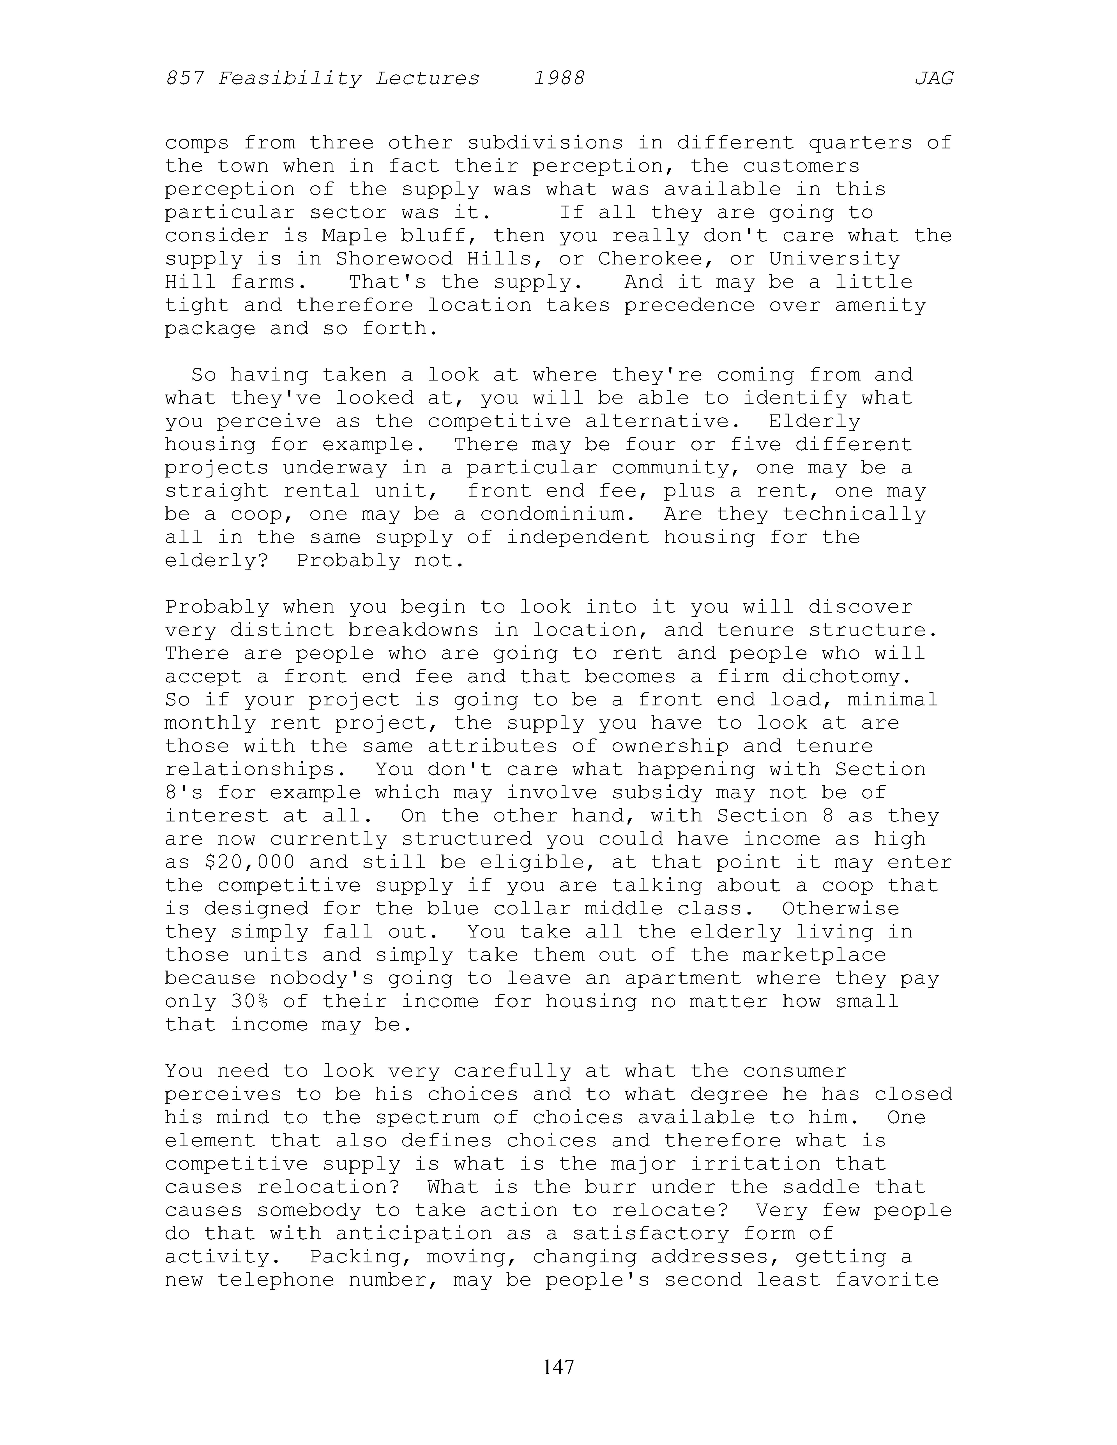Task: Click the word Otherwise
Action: pyautogui.click(x=840, y=909)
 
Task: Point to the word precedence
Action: pyautogui.click(x=689, y=306)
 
